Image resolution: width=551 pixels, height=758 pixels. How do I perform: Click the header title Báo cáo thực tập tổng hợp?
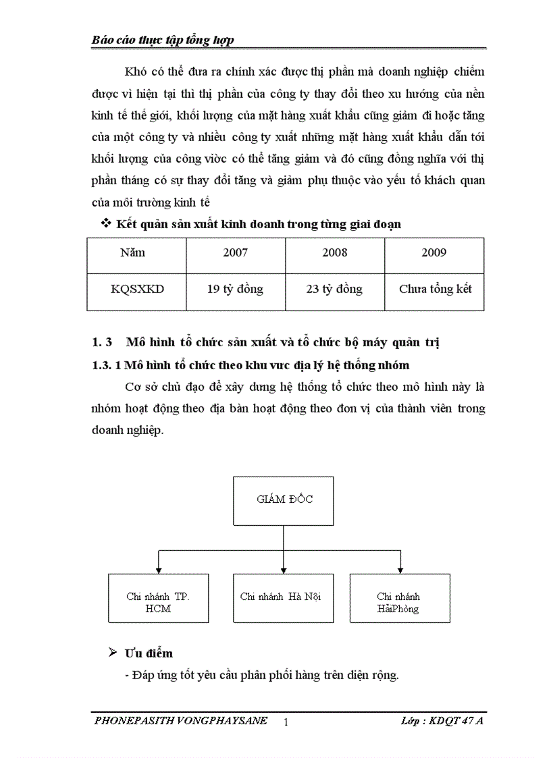tap(163, 40)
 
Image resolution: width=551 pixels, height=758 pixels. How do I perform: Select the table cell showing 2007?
tap(235, 253)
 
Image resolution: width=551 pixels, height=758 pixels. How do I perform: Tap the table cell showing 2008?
tap(335, 253)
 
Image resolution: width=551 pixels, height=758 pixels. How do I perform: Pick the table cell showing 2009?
tap(434, 253)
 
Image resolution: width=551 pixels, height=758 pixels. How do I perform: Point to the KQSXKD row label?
tap(137, 289)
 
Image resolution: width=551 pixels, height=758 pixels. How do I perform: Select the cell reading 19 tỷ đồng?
tap(235, 289)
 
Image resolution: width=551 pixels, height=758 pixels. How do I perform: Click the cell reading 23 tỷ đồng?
tap(335, 289)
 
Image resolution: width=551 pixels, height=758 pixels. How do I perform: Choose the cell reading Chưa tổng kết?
tap(435, 289)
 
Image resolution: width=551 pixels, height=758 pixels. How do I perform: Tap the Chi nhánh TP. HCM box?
tap(158, 598)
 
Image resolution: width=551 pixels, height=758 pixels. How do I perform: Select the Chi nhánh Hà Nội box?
tap(280, 598)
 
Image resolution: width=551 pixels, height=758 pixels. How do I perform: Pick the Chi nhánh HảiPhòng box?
tap(400, 598)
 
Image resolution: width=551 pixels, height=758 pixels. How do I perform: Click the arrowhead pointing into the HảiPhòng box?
tap(400, 570)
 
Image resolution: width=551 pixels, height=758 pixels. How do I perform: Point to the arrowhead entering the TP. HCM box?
tap(158, 570)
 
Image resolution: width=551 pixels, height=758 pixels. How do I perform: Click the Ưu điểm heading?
tap(149, 653)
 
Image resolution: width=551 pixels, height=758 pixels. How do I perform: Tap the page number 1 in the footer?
tap(286, 722)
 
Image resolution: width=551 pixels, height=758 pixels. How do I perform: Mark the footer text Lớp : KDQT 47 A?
tap(438, 721)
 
